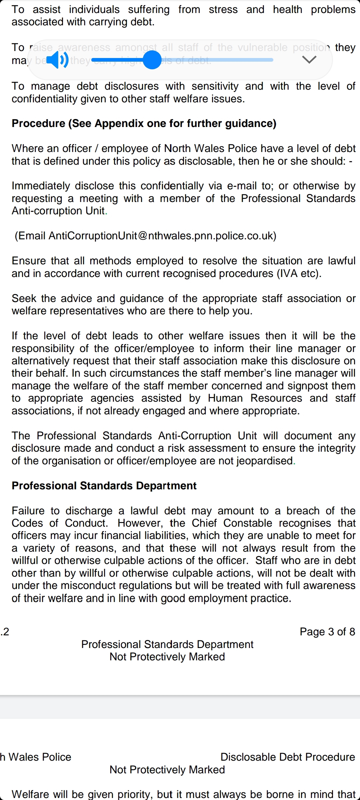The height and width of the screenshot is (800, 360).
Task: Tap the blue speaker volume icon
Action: pyautogui.click(x=57, y=60)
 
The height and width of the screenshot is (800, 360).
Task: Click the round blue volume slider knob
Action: pyautogui.click(x=152, y=60)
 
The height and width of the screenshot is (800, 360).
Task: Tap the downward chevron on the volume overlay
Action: pyautogui.click(x=309, y=60)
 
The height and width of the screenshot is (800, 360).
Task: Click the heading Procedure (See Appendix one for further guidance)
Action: pyautogui.click(x=144, y=123)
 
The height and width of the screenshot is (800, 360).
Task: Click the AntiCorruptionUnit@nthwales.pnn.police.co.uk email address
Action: pyautogui.click(x=161, y=236)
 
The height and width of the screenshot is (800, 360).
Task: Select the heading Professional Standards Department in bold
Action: pyautogui.click(x=104, y=486)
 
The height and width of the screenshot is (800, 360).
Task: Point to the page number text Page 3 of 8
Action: pyautogui.click(x=327, y=632)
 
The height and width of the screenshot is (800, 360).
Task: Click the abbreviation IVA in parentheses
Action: pyautogui.click(x=288, y=273)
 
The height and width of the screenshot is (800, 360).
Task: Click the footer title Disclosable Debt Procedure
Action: pyautogui.click(x=288, y=757)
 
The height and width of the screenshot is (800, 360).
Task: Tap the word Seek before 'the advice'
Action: pyautogui.click(x=24, y=298)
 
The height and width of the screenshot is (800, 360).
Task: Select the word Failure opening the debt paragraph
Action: pyautogui.click(x=28, y=511)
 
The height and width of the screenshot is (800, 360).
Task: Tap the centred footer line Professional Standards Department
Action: pyautogui.click(x=167, y=644)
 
